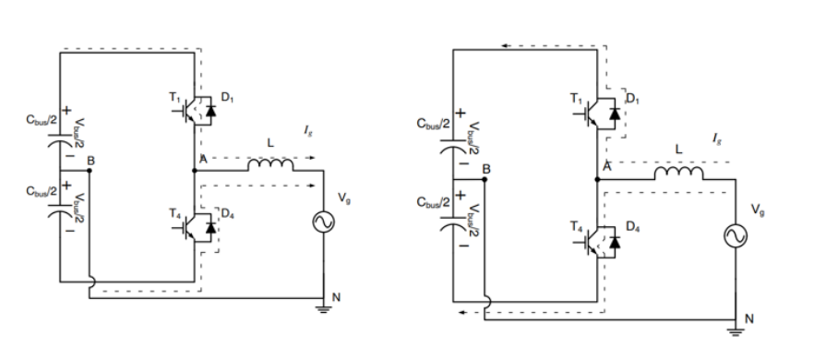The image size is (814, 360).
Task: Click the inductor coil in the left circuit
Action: tap(270, 164)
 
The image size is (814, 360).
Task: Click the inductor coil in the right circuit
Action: tap(678, 173)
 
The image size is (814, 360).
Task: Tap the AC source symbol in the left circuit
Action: tap(323, 222)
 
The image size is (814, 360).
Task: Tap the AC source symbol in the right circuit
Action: tap(736, 236)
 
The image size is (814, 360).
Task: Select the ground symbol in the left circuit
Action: tap(323, 309)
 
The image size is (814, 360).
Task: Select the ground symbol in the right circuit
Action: tap(736, 332)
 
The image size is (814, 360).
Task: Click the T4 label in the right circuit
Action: tap(576, 226)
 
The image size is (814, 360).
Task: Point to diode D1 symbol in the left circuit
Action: tap(210, 111)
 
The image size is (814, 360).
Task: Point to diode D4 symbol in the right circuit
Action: tap(615, 242)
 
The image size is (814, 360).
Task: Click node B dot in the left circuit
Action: tap(90, 170)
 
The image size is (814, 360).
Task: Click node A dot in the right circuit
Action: tap(597, 179)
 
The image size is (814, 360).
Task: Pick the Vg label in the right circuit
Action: tap(758, 210)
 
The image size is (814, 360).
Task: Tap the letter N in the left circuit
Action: tap(336, 297)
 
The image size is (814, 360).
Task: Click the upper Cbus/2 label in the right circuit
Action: tap(434, 124)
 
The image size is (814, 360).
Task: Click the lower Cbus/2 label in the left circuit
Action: tap(42, 191)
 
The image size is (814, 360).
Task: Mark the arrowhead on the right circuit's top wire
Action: tap(504, 46)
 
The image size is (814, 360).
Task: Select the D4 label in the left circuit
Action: tap(227, 213)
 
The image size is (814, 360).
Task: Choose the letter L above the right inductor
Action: tap(678, 150)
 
